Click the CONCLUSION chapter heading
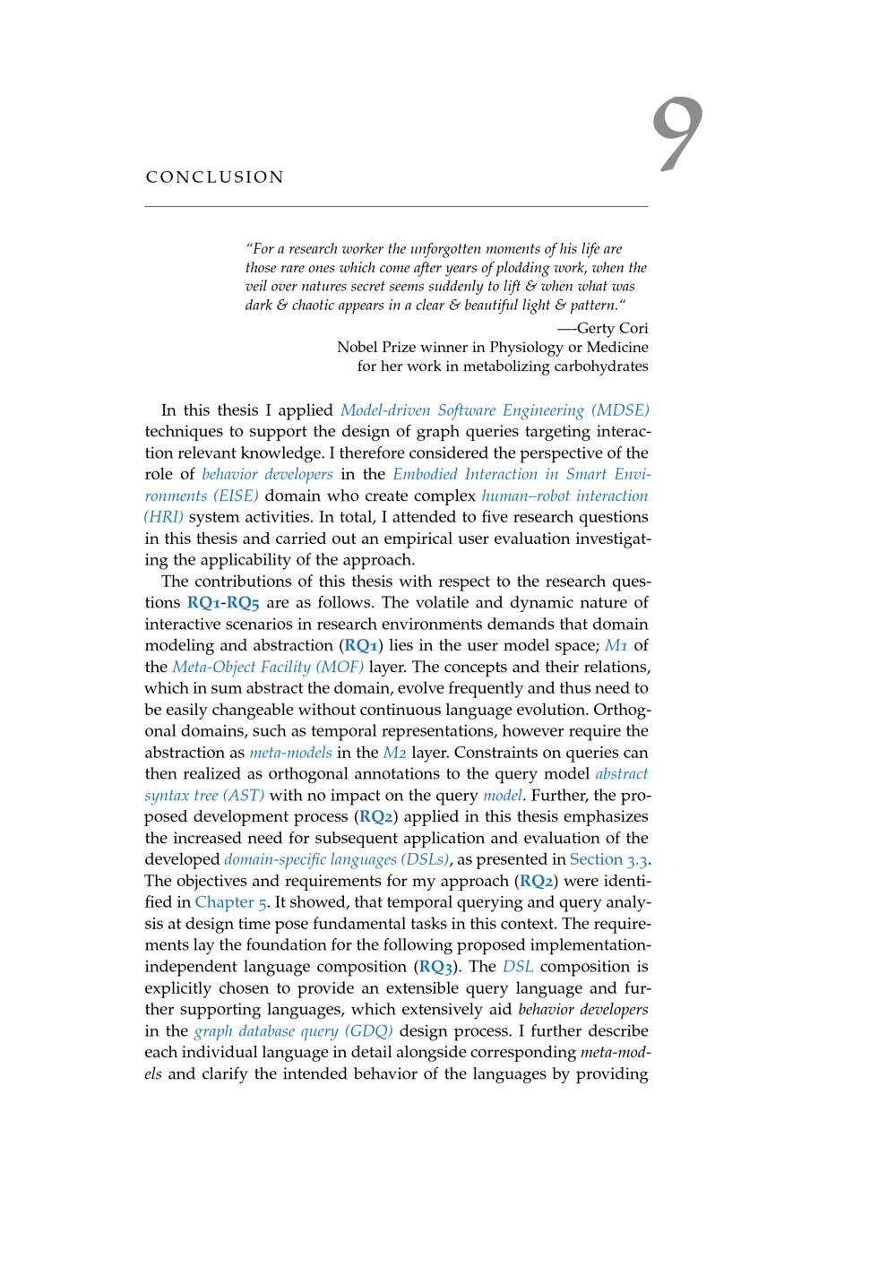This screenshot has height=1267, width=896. coord(215,177)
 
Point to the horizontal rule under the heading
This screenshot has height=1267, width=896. coord(396,207)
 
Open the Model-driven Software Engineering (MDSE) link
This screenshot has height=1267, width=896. coord(495,410)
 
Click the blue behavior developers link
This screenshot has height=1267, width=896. coord(267,474)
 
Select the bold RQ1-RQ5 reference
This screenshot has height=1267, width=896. coord(223,603)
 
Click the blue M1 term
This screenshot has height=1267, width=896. coord(615,645)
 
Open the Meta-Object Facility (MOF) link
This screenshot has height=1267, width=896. coord(268,667)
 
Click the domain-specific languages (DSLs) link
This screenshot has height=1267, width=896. coord(336,859)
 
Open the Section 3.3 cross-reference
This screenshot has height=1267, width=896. coord(608,859)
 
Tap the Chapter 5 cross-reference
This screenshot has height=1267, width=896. coord(229,902)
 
